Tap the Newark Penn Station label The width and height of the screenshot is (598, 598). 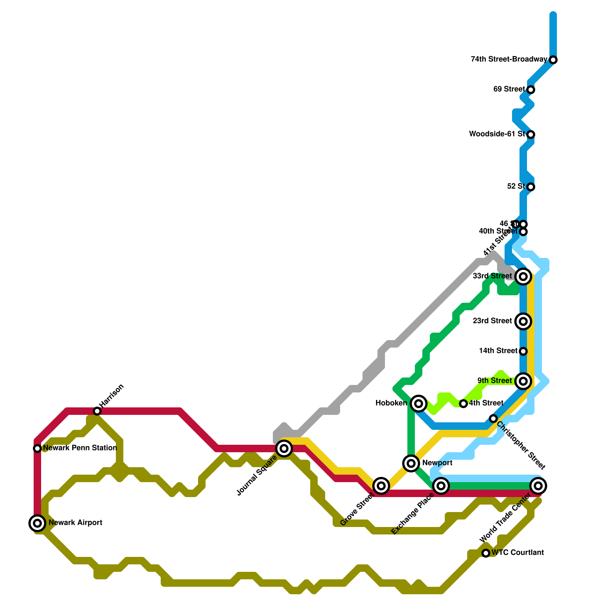coord(80,448)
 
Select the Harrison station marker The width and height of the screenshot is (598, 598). coord(97,411)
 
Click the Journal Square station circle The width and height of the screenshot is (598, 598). coord(284,448)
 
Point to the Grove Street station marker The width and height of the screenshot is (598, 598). coord(381,486)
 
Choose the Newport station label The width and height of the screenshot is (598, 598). coord(437,463)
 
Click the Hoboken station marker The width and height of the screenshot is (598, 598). coord(419,403)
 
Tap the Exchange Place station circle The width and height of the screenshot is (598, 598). coord(441,486)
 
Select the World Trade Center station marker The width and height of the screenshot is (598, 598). coord(538,486)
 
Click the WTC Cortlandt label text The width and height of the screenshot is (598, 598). coord(518,552)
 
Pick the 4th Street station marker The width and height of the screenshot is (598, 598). coord(463,403)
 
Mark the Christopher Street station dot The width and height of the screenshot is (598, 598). coord(493,418)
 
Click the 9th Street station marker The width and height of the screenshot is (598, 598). coord(523,381)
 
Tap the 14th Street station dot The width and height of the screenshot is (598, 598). coord(523,351)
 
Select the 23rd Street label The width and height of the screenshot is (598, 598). coord(492,321)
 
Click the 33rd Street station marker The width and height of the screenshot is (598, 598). coord(523,276)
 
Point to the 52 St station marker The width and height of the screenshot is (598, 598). coord(531,187)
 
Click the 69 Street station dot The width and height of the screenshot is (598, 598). coord(531,90)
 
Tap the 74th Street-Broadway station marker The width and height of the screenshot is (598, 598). coord(553,60)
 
